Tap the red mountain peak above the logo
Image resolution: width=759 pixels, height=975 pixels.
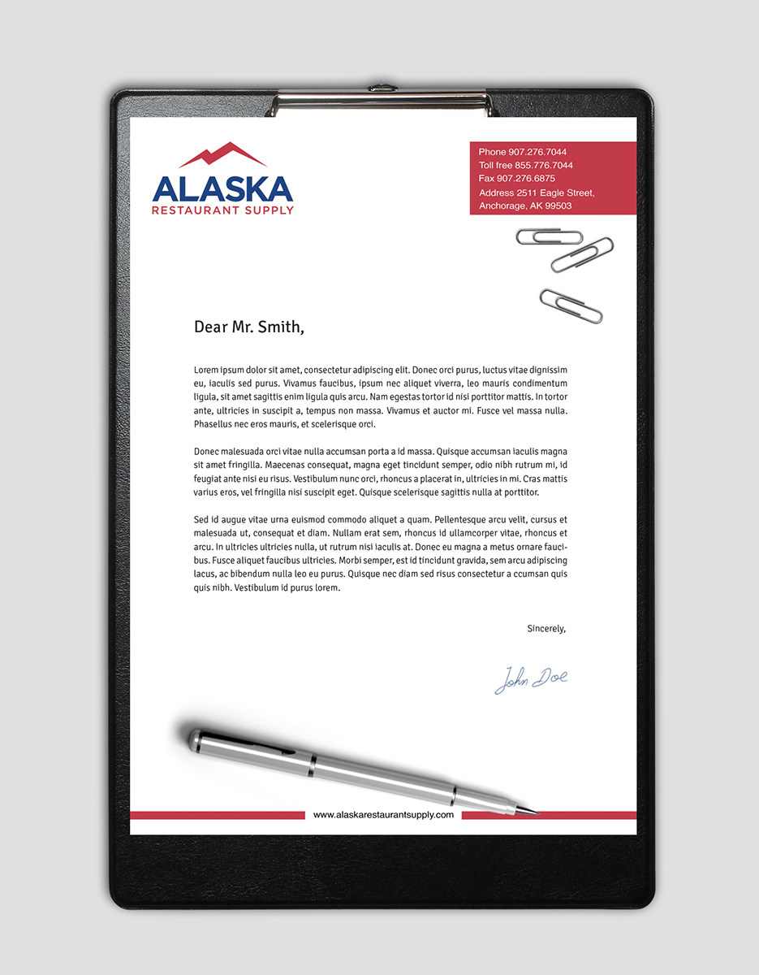[222, 154]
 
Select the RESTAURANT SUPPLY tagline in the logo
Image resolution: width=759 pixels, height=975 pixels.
[222, 210]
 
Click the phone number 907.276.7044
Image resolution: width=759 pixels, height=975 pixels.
[537, 152]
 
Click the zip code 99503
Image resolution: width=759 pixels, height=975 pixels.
[558, 206]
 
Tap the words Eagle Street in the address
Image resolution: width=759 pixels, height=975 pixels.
[567, 193]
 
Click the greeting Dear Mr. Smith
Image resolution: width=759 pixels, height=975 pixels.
[248, 327]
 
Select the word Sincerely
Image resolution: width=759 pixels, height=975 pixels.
[546, 628]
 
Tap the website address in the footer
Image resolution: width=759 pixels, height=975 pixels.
[383, 814]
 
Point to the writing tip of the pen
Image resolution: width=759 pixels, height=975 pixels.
[536, 811]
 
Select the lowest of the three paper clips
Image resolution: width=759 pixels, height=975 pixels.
[571, 305]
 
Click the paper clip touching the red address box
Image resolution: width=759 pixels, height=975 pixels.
[549, 236]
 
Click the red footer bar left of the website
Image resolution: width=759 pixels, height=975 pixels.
[217, 815]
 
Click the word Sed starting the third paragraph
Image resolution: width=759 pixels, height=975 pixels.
[201, 519]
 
